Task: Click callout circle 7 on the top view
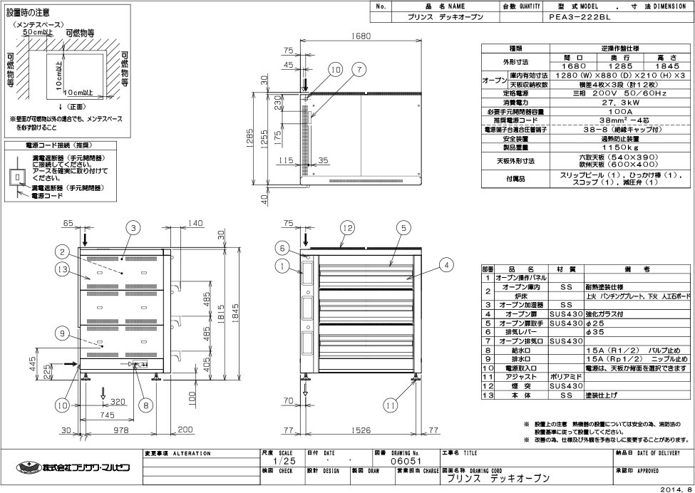[359, 70]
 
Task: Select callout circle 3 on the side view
[133, 227]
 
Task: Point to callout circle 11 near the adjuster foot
[388, 405]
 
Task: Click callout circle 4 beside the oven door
[446, 264]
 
